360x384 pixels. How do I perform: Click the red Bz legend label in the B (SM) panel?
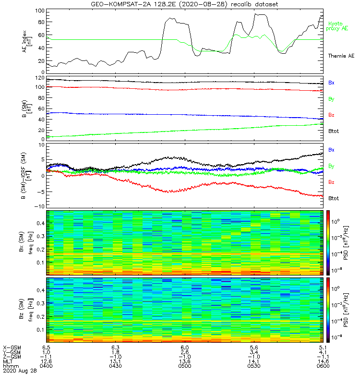pyautogui.click(x=331, y=115)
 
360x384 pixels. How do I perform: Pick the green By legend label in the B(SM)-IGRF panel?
pyautogui.click(x=331, y=166)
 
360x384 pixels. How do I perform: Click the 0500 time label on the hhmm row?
pyautogui.click(x=185, y=365)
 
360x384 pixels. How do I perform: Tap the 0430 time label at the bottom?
pyautogui.click(x=115, y=365)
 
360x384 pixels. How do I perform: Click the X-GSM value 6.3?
pyautogui.click(x=115, y=347)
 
